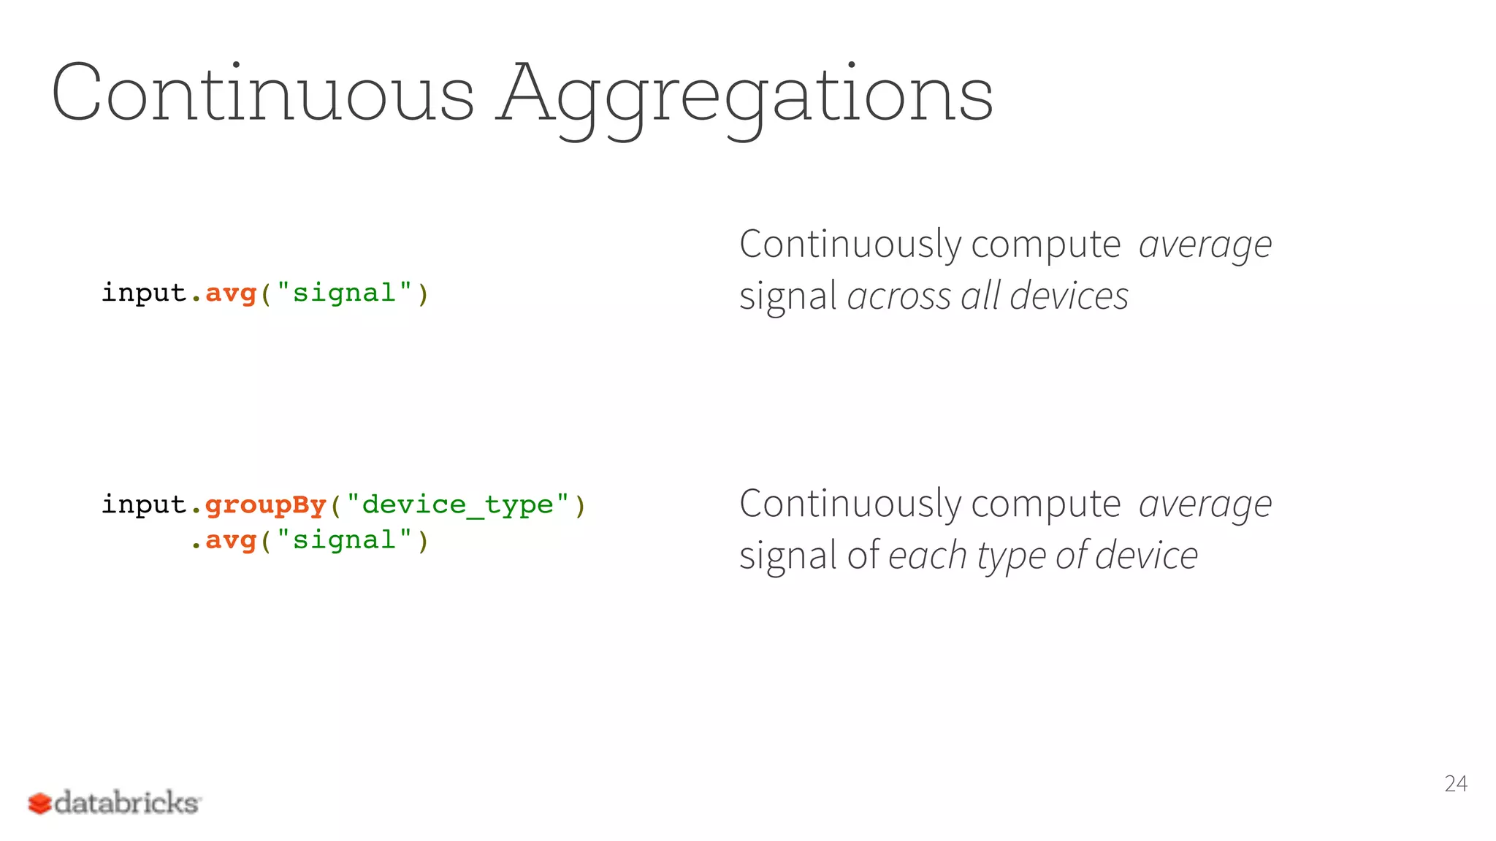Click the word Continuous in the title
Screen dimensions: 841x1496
(x=263, y=93)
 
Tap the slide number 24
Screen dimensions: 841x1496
(x=1455, y=783)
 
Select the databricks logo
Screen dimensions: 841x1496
(x=114, y=802)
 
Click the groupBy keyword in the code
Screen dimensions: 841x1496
(x=265, y=505)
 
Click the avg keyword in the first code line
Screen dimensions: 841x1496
(x=231, y=293)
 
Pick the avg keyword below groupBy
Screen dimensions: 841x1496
(x=231, y=541)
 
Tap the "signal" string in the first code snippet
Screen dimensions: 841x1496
(x=344, y=293)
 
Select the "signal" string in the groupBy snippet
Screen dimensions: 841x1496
(x=344, y=541)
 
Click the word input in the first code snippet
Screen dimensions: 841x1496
(x=144, y=293)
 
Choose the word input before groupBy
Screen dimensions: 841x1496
(x=144, y=505)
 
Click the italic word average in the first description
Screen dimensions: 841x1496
(x=1205, y=245)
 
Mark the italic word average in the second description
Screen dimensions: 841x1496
(x=1205, y=505)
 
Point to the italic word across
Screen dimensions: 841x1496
(x=899, y=296)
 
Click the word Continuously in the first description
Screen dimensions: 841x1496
(x=850, y=245)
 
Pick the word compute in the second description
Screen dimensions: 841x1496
(x=1045, y=505)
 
